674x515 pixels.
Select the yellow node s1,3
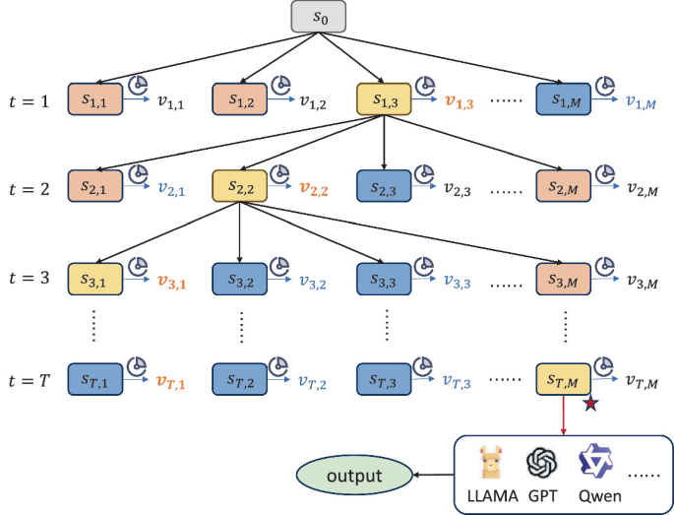[x=383, y=99]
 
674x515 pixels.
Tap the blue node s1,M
[x=564, y=99]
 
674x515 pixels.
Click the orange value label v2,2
[x=315, y=188]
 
